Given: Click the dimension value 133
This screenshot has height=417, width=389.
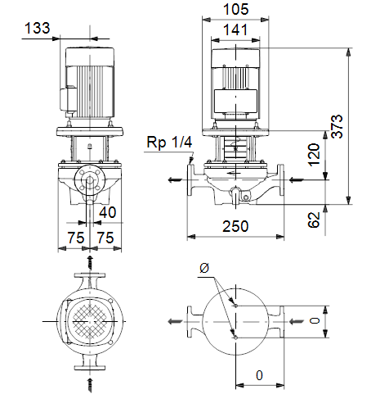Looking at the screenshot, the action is tap(38, 28).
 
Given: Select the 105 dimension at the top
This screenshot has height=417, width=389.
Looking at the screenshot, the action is tap(235, 9).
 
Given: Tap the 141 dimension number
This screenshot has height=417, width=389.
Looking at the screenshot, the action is tap(235, 29).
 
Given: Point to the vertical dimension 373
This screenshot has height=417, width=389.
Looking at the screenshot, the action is tap(338, 126).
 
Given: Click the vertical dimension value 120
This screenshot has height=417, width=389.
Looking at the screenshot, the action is tap(314, 155).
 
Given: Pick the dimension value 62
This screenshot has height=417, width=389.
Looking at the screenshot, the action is tap(314, 220).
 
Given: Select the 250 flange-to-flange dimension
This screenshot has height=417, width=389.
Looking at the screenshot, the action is tap(235, 226).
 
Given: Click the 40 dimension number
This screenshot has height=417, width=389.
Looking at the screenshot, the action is tap(108, 212).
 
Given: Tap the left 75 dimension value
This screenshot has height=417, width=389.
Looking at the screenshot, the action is tap(76, 238).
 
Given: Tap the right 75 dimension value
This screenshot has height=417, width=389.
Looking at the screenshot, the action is tap(105, 238).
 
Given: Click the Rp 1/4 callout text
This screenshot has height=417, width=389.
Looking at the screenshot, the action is tap(169, 142).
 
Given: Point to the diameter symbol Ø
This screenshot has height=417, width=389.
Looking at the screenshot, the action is tap(204, 268).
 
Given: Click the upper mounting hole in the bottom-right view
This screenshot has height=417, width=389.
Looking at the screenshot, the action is tap(235, 306).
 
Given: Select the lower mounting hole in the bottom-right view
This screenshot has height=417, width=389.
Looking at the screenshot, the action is tap(235, 338).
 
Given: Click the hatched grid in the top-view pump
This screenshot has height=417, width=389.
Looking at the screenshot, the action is tap(90, 321).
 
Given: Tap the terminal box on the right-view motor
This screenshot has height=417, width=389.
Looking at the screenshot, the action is tap(235, 102).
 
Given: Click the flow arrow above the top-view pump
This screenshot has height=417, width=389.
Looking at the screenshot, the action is tap(90, 262).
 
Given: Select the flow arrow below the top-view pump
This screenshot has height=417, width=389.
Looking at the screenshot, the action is tap(90, 385).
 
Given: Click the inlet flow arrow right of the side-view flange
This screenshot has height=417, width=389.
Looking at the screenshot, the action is tap(297, 180).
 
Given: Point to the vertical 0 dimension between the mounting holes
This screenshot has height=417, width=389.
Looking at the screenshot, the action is tap(315, 320).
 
